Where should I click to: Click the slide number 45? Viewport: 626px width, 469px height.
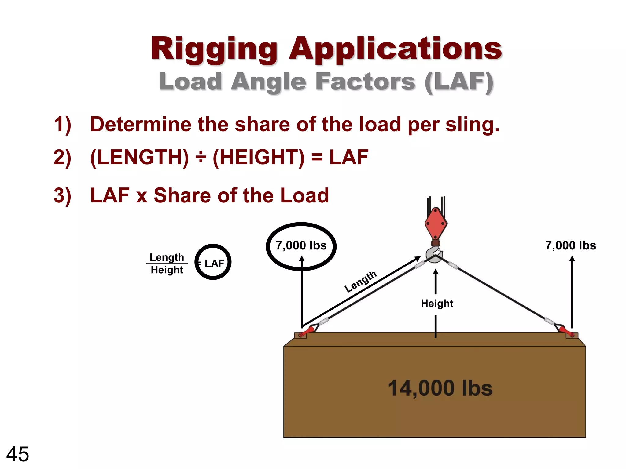(17, 454)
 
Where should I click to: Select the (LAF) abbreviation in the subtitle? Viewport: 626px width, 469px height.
(459, 82)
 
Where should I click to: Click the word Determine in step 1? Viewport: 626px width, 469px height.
(140, 124)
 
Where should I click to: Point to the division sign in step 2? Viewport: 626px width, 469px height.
(201, 158)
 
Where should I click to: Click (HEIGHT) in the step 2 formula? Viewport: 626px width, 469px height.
(259, 158)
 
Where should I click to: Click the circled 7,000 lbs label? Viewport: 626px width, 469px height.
(301, 245)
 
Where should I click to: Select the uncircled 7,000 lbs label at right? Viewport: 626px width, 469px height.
(571, 245)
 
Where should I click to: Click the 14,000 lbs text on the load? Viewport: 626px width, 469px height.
(440, 388)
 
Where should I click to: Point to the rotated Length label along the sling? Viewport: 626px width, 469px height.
(361, 282)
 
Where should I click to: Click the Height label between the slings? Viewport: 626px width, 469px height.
(437, 304)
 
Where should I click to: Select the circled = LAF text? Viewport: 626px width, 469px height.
(213, 263)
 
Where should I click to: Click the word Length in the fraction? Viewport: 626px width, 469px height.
(167, 257)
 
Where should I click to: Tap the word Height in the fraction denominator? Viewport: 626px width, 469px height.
(167, 270)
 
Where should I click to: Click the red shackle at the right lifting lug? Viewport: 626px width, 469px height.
(566, 331)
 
